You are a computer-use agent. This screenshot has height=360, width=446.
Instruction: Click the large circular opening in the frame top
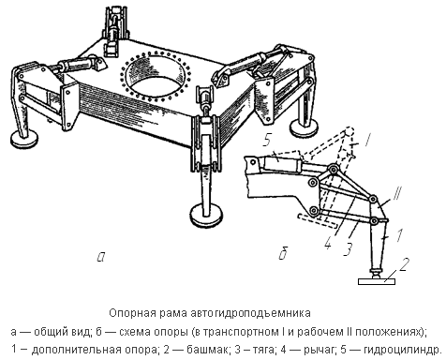156,76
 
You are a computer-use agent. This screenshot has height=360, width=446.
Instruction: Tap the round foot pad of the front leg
207,214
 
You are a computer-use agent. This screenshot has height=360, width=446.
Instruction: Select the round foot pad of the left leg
24,139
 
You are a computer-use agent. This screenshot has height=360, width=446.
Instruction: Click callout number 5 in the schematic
266,141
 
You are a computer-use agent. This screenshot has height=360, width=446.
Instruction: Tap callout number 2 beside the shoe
404,264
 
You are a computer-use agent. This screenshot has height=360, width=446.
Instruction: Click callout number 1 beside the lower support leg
399,235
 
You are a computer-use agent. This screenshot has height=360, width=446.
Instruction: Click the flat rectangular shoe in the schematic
377,281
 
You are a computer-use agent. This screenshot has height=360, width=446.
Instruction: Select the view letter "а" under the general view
101,257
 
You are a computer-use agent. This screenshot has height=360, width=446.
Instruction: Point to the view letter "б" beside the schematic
283,253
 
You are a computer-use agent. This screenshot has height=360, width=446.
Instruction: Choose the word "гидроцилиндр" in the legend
402,350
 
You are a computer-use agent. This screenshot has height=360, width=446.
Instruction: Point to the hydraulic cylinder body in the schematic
283,163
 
